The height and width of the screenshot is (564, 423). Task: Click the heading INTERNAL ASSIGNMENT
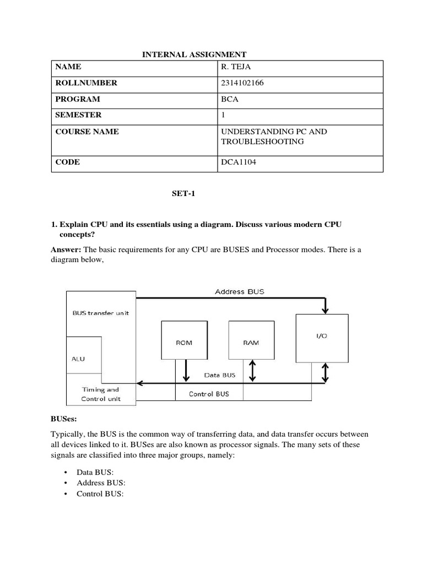[x=194, y=54]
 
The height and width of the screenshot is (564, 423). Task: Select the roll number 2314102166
[x=243, y=83]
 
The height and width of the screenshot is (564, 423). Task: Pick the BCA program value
[x=229, y=99]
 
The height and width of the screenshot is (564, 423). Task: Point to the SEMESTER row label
[x=78, y=115]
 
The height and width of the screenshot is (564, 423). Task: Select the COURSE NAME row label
[x=87, y=132]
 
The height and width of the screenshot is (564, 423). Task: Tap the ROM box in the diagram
[x=184, y=343]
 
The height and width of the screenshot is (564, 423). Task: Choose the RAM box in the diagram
[x=251, y=343]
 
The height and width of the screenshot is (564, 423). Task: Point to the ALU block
[x=79, y=359]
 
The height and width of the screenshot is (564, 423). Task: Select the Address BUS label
[x=239, y=291]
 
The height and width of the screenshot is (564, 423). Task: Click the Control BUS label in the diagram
[x=209, y=394]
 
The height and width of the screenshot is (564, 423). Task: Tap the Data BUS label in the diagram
[x=220, y=375]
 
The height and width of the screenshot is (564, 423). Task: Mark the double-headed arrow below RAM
[x=252, y=371]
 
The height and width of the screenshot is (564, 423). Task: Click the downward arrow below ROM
[x=186, y=370]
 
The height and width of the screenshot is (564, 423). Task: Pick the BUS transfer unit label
[x=101, y=313]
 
